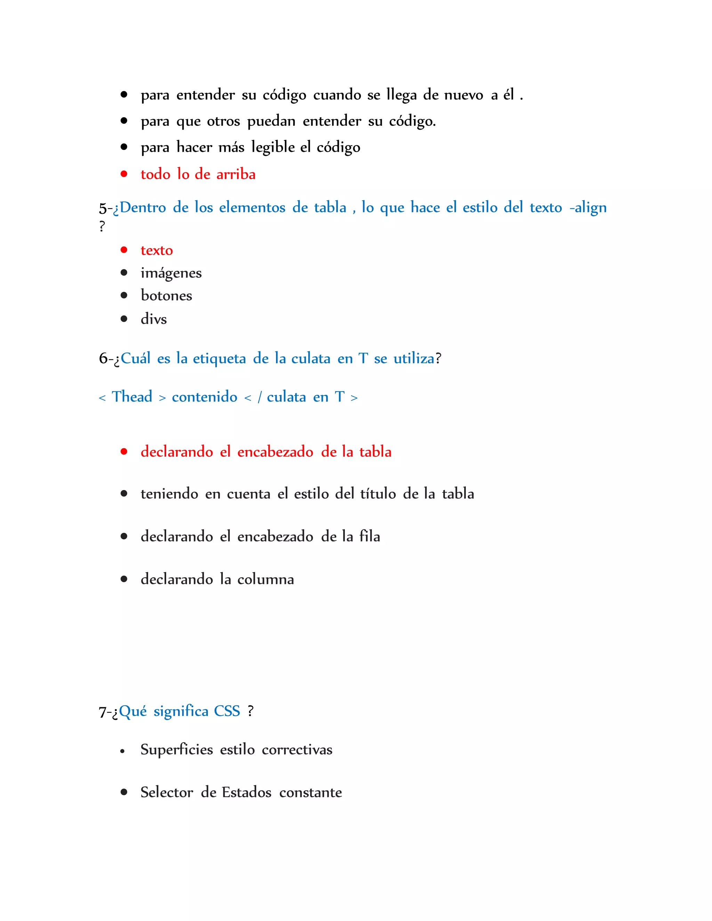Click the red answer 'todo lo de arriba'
(x=198, y=174)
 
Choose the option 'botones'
(x=166, y=296)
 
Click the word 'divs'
(x=154, y=319)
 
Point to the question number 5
(x=103, y=208)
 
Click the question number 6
(x=103, y=358)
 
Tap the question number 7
(x=103, y=712)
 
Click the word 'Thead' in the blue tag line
(x=132, y=397)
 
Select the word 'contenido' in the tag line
(x=204, y=397)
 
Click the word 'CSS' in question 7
(x=227, y=711)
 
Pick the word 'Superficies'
(x=177, y=749)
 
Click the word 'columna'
(x=265, y=579)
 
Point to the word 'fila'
(x=370, y=536)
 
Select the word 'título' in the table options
(x=378, y=494)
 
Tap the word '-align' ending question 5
(x=588, y=208)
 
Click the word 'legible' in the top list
(x=273, y=148)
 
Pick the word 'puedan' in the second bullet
(x=271, y=121)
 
